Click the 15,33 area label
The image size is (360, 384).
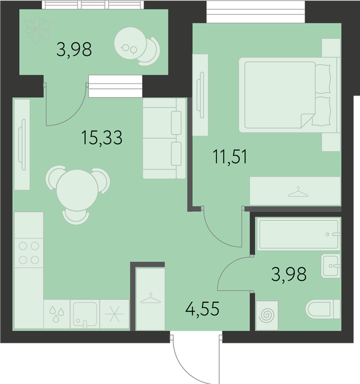102,138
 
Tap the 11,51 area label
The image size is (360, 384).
230,157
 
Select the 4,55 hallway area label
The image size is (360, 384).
202,309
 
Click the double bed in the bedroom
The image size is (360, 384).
289,95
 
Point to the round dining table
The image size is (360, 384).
77,190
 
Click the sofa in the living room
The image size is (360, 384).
164,138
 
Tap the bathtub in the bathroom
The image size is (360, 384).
299,235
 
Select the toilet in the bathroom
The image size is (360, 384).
323,309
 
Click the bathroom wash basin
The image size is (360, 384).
330,266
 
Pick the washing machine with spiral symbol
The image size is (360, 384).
267,315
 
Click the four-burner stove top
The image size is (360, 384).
29,253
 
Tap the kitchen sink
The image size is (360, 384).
85,314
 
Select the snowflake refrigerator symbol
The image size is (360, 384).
115,314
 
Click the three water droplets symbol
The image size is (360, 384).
57,314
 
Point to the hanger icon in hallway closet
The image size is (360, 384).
150,298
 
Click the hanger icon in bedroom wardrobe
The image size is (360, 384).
298,192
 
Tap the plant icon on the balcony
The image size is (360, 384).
38,30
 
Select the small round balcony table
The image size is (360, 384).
130,43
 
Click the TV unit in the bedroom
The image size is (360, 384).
200,95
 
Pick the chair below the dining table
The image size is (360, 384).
76,217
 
